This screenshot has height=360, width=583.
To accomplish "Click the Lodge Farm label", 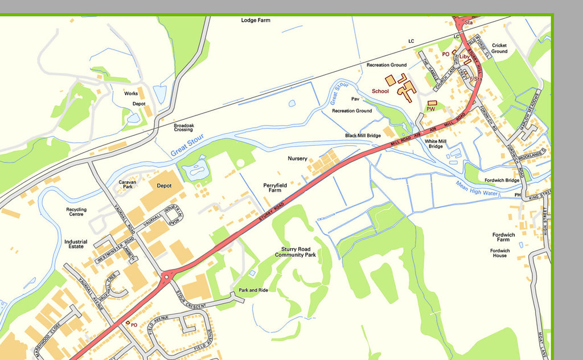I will [x=256, y=21].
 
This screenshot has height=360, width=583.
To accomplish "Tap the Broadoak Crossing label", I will [x=183, y=127].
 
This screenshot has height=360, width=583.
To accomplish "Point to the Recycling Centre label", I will [x=76, y=212].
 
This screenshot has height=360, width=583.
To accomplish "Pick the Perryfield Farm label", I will [x=275, y=187].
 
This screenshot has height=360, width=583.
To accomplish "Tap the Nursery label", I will [x=297, y=158].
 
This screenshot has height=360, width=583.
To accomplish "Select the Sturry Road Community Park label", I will [x=295, y=252].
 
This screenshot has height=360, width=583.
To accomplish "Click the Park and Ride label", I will [x=253, y=290].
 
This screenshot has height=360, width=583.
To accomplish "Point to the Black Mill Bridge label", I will [x=363, y=136].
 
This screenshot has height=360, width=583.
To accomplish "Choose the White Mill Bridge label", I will [x=436, y=144].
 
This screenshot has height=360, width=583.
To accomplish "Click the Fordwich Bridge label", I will [x=502, y=181].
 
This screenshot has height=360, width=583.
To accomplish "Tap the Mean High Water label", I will [x=477, y=189].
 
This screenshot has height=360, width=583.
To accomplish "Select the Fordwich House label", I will [x=500, y=253].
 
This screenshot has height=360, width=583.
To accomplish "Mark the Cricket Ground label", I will [x=499, y=48].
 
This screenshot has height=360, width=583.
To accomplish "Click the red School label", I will [x=380, y=91].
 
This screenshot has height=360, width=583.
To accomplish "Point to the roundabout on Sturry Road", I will [x=166, y=277].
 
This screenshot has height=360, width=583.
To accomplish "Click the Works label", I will [x=131, y=93].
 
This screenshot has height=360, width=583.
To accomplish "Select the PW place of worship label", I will [x=430, y=109].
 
